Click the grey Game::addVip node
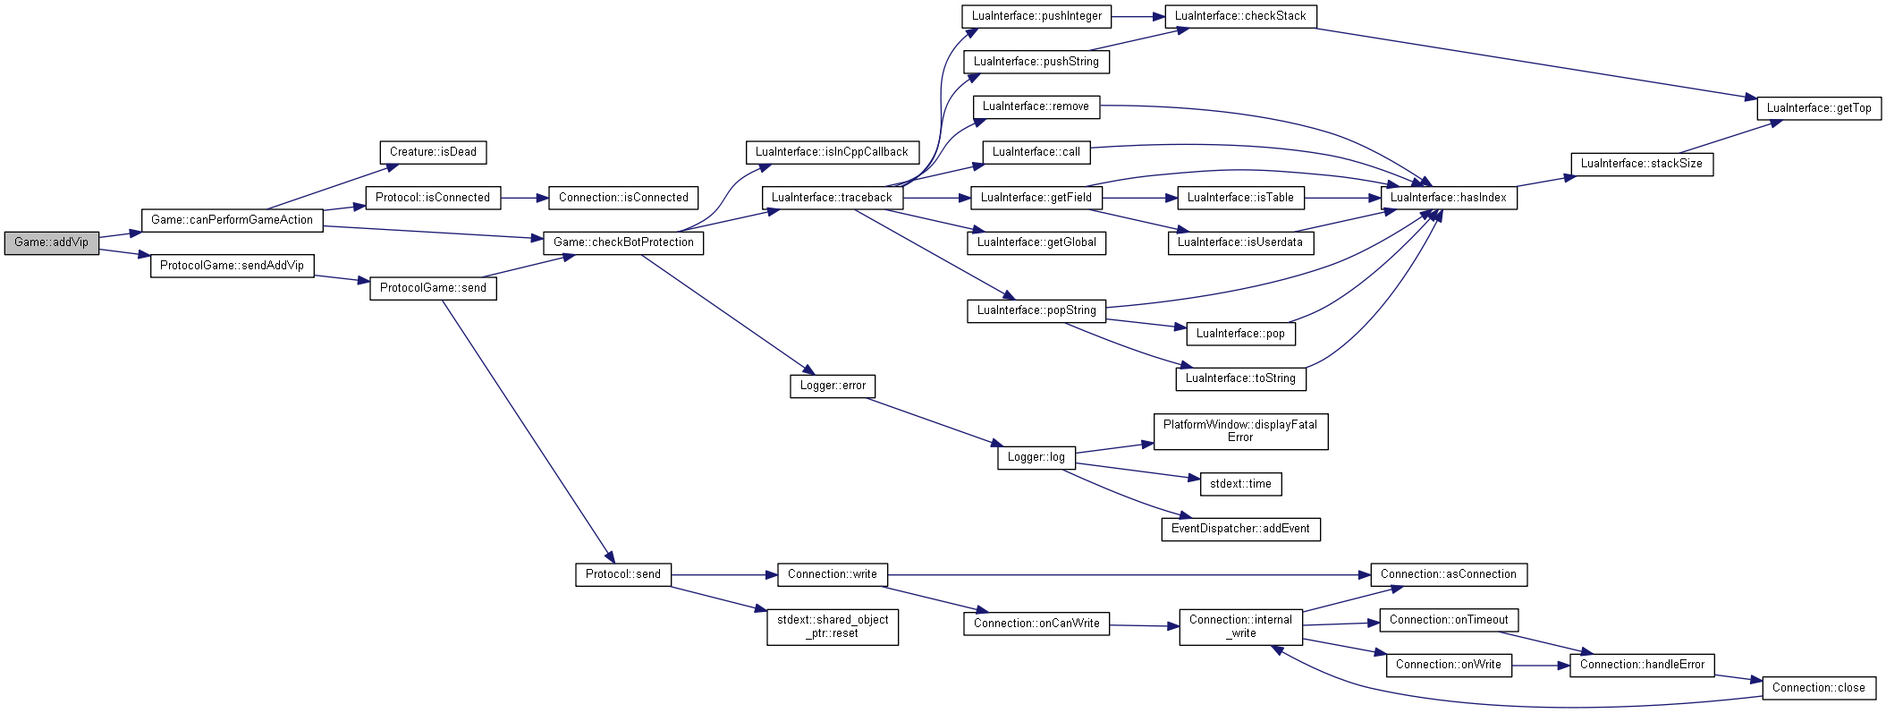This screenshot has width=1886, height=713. pos(52,242)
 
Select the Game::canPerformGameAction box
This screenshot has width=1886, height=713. pos(232,220)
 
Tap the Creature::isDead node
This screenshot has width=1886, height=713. pos(433,152)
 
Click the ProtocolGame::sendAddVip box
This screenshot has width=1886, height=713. pos(232,266)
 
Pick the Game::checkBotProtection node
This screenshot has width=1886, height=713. pos(623,242)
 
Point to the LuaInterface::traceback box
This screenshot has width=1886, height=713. pos(832,198)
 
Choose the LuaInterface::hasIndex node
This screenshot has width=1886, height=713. pos(1449,198)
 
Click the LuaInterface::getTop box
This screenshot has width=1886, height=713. pos(1819,108)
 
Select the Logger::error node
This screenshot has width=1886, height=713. pos(833,386)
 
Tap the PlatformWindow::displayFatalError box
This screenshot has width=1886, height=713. pos(1240,431)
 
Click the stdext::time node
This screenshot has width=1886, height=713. pos(1240,484)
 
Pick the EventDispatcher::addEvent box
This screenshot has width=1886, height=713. pos(1240,529)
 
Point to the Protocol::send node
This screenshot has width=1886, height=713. pos(623,574)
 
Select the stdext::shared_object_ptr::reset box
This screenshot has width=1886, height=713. pos(833,626)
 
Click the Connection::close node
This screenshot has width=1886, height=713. pos(1819,688)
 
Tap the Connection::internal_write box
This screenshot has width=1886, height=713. pos(1240,626)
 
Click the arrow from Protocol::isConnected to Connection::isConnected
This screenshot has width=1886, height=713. pos(525,198)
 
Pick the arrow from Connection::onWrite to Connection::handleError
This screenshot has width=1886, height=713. pos(1541,666)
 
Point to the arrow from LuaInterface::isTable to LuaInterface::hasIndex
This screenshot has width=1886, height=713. pos(1343,198)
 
